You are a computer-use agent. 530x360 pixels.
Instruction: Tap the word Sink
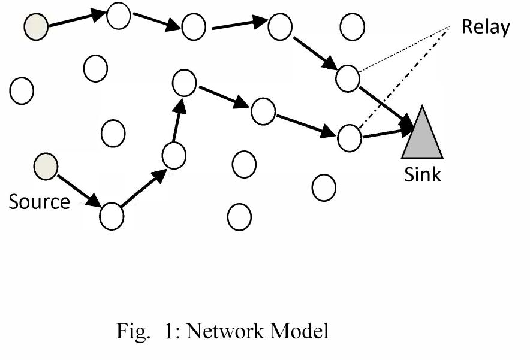click(x=422, y=175)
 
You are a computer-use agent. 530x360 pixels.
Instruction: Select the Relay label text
click(x=485, y=28)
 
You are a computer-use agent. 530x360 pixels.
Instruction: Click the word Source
click(x=39, y=202)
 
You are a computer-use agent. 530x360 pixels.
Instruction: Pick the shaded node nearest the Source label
click(x=46, y=166)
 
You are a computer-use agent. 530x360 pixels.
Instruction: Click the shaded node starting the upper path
click(x=35, y=28)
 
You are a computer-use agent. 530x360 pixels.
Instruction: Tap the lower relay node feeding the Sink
click(x=349, y=137)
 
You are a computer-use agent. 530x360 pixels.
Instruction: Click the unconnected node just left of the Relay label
click(x=353, y=26)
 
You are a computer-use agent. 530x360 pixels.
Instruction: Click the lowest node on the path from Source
click(x=112, y=216)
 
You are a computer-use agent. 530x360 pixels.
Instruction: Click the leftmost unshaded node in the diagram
click(x=22, y=91)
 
